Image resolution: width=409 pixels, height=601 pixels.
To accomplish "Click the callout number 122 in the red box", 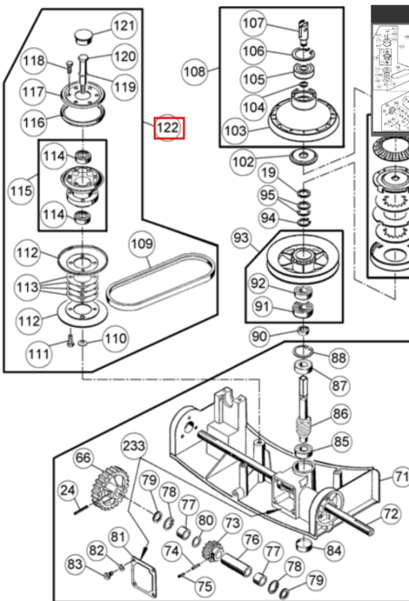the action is [x=167, y=128].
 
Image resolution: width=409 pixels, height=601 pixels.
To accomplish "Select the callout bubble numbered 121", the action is [x=124, y=26].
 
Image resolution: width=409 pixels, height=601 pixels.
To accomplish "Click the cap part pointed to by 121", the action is [x=83, y=36].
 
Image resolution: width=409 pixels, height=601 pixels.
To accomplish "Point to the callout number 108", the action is [x=194, y=71].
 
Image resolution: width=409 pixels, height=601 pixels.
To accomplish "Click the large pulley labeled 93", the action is [x=302, y=261].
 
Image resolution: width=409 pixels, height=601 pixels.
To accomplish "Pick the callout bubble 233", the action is [x=134, y=445].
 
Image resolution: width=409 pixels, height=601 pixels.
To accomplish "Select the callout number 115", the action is [x=21, y=191].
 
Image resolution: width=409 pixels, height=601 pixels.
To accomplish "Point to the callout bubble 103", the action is [x=235, y=131].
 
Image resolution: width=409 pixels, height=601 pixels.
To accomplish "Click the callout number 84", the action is [x=334, y=551].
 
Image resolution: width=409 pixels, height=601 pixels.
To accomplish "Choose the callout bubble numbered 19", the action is [x=268, y=173].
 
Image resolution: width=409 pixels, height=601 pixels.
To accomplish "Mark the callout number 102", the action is [x=243, y=162].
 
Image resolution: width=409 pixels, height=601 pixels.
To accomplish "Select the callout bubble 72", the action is [x=391, y=514].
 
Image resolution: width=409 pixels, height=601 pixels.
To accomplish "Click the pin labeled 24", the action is [x=82, y=509].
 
